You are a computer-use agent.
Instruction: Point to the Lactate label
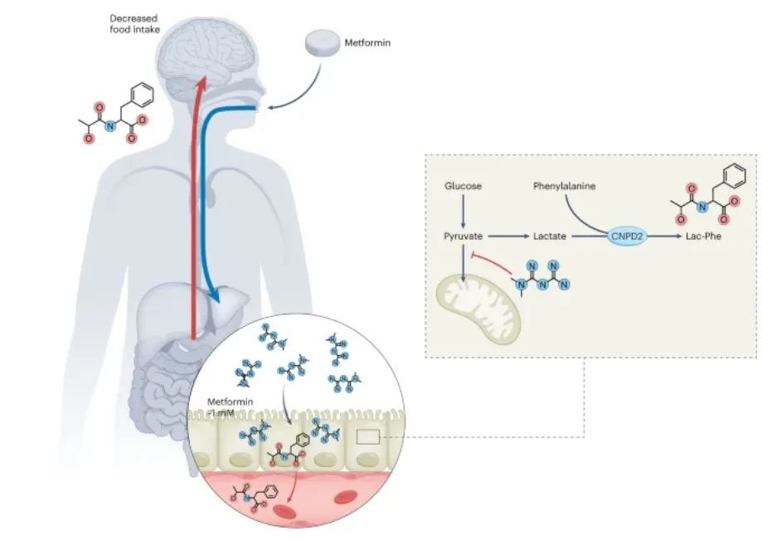coord(550,236)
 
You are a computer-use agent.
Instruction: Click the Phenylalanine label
coord(564,186)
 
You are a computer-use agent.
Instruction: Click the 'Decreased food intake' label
coord(134,22)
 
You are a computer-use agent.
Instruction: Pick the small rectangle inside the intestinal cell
coord(369,436)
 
